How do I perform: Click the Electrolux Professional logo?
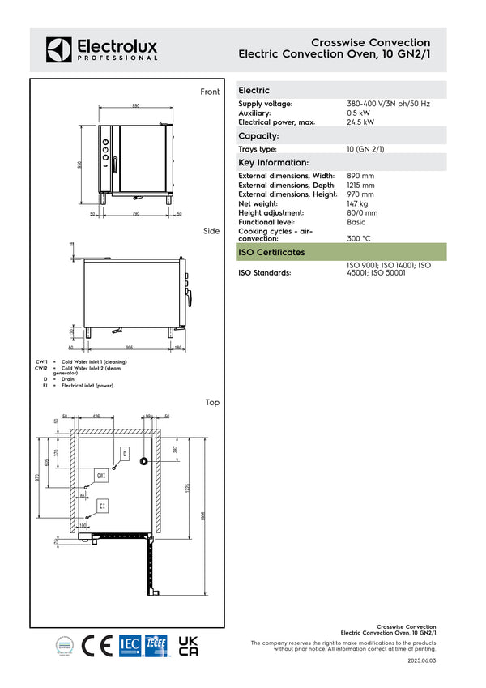pos(101,49)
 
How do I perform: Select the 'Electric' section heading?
pos(254,91)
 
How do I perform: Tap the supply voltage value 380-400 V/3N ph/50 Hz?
pos(388,105)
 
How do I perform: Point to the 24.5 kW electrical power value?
pos(360,122)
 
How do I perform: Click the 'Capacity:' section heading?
pos(258,136)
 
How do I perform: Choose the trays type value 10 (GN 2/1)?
pos(365,150)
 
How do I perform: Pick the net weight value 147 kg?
pos(357,203)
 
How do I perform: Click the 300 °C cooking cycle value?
pos(359,239)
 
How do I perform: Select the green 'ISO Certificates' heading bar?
pos(340,252)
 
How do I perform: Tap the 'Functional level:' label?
pos(266,222)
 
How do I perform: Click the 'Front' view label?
pos(210,92)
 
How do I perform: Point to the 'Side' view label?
pos(211,231)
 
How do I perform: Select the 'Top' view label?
pos(212,402)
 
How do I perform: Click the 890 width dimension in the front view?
pos(135,106)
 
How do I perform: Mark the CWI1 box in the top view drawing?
pos(101,476)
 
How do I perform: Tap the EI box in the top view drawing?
pos(103,506)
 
